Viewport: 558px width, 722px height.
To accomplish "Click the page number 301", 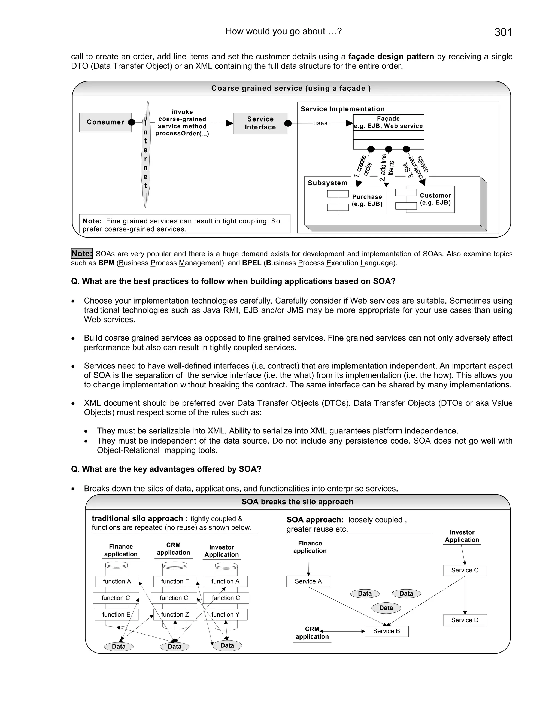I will tap(503, 32).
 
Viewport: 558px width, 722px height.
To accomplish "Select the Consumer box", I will tap(105, 122).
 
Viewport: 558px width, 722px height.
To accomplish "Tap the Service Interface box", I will tap(260, 123).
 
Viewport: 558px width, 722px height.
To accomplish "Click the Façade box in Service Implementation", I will tap(389, 123).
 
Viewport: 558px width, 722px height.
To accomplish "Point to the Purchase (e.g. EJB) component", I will tap(367, 200).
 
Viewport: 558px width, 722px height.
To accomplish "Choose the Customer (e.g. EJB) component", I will tap(435, 199).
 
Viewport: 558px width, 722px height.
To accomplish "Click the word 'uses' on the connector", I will tap(320, 123).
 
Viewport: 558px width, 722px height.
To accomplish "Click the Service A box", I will tap(308, 581).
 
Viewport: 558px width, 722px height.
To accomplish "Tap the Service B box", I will tap(386, 631).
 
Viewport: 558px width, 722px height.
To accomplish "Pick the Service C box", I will tap(465, 570).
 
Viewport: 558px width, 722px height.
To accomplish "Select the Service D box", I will tap(465, 620).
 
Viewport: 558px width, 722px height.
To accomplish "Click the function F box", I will tap(175, 581).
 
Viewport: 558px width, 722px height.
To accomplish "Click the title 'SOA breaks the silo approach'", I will tap(297, 502).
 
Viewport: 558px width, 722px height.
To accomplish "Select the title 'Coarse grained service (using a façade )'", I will tap(291, 88).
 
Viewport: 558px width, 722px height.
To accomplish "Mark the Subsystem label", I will tap(327, 183).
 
